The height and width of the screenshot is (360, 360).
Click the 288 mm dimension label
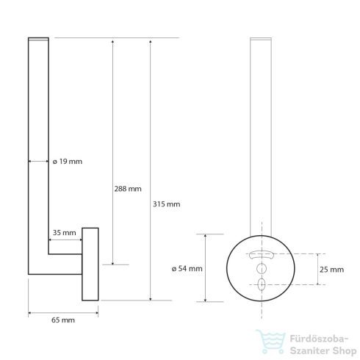[x=128, y=189]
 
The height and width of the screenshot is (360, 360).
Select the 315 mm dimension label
[x=166, y=204]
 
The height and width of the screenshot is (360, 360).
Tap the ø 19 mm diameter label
[x=68, y=162]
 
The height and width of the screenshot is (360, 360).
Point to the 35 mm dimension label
[x=65, y=233]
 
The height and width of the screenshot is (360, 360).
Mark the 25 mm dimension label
[x=332, y=270]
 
